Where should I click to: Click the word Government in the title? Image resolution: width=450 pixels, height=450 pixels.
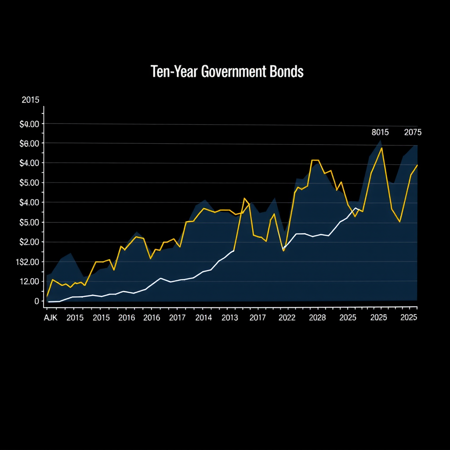click(x=232, y=72)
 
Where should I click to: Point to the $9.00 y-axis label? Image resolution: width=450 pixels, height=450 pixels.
click(x=29, y=124)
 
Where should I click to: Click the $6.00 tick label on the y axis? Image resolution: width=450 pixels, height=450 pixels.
click(x=29, y=144)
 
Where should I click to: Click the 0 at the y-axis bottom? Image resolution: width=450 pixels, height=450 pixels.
click(x=37, y=301)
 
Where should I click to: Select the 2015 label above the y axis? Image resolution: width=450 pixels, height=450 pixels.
click(x=30, y=100)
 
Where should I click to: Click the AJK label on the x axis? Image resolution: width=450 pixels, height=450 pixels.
click(x=51, y=318)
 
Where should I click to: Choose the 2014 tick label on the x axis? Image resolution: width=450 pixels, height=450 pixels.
click(x=203, y=318)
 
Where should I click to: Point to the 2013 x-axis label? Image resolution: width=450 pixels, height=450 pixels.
click(x=229, y=318)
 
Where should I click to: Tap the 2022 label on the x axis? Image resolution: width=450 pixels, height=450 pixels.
click(x=287, y=318)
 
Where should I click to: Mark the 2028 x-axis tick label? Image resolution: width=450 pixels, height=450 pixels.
click(x=317, y=318)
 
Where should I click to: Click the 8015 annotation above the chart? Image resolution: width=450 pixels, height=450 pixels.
click(x=380, y=132)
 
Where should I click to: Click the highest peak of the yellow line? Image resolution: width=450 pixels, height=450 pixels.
click(x=382, y=148)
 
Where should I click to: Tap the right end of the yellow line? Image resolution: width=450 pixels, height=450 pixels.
click(x=417, y=165)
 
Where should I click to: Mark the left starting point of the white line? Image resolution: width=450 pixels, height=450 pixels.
click(x=48, y=302)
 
